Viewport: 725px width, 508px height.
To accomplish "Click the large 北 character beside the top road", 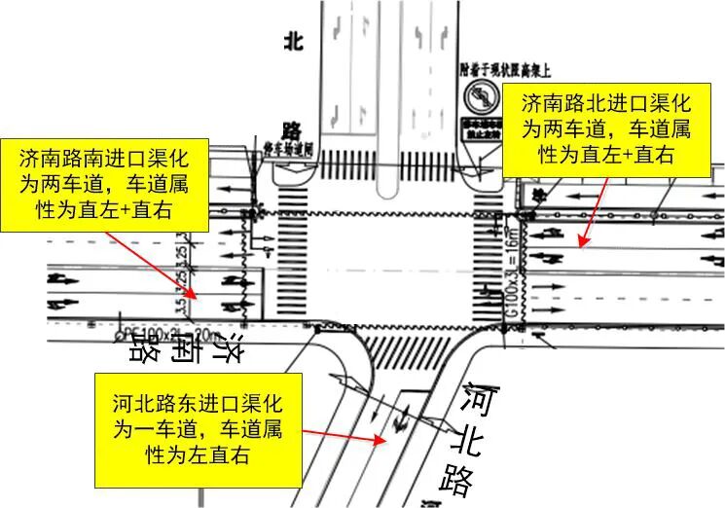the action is coord(294,41).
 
